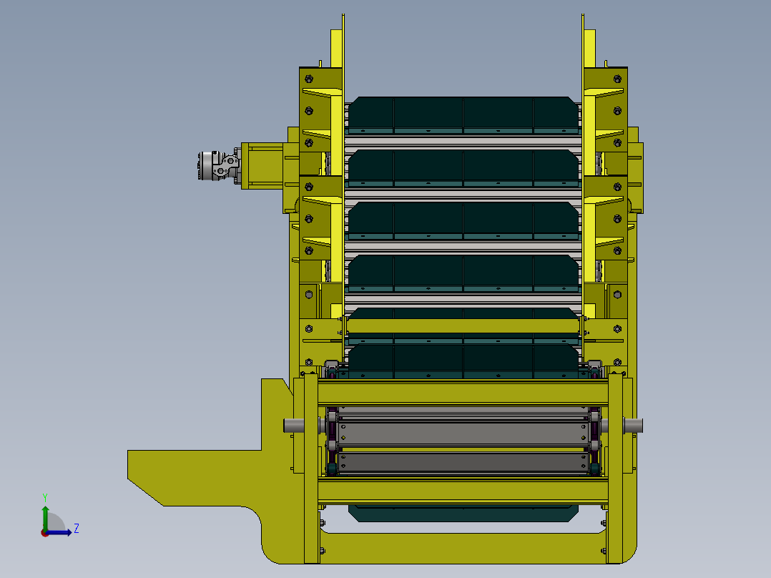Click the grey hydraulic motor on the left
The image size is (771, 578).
[x=218, y=166]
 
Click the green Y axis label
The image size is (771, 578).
[x=45, y=497]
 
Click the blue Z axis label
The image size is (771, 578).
[x=77, y=529]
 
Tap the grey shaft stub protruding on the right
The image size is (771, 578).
[x=633, y=426]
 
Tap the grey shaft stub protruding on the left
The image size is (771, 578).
[x=293, y=426]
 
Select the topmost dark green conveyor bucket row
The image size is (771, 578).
[x=463, y=116]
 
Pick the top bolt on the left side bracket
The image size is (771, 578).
[x=309, y=79]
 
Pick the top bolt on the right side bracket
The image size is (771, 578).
[x=618, y=79]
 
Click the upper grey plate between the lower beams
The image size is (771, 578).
[x=463, y=434]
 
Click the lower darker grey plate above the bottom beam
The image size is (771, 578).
[x=463, y=463]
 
